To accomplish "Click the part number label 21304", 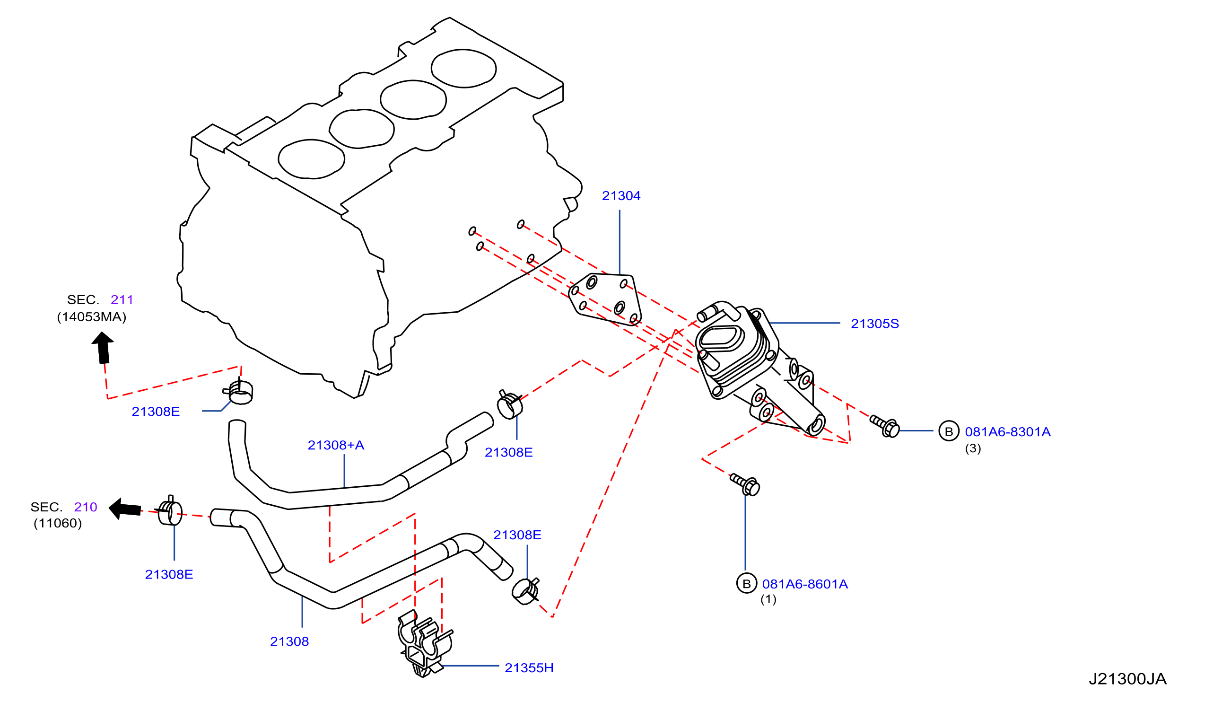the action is pyautogui.click(x=621, y=196).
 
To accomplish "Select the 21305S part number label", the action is pyautogui.click(x=874, y=324).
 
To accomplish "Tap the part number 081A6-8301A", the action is pyautogui.click(x=1007, y=432).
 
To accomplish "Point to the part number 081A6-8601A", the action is pyautogui.click(x=805, y=584).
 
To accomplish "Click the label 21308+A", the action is pyautogui.click(x=336, y=445).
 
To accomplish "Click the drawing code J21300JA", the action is pyautogui.click(x=1128, y=679).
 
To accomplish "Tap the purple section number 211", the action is pyautogui.click(x=122, y=300).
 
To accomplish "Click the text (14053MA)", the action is pyautogui.click(x=91, y=317).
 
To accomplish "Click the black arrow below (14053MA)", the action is pyautogui.click(x=103, y=348).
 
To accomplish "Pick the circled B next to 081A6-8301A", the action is pyautogui.click(x=949, y=431).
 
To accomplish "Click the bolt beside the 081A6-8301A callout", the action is pyautogui.click(x=885, y=426).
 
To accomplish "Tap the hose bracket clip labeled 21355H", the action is pyautogui.click(x=426, y=643).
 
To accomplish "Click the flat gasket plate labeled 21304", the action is pyautogui.click(x=605, y=299).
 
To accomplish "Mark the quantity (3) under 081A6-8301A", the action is pyautogui.click(x=973, y=448).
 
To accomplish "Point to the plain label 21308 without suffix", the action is pyautogui.click(x=289, y=642).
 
